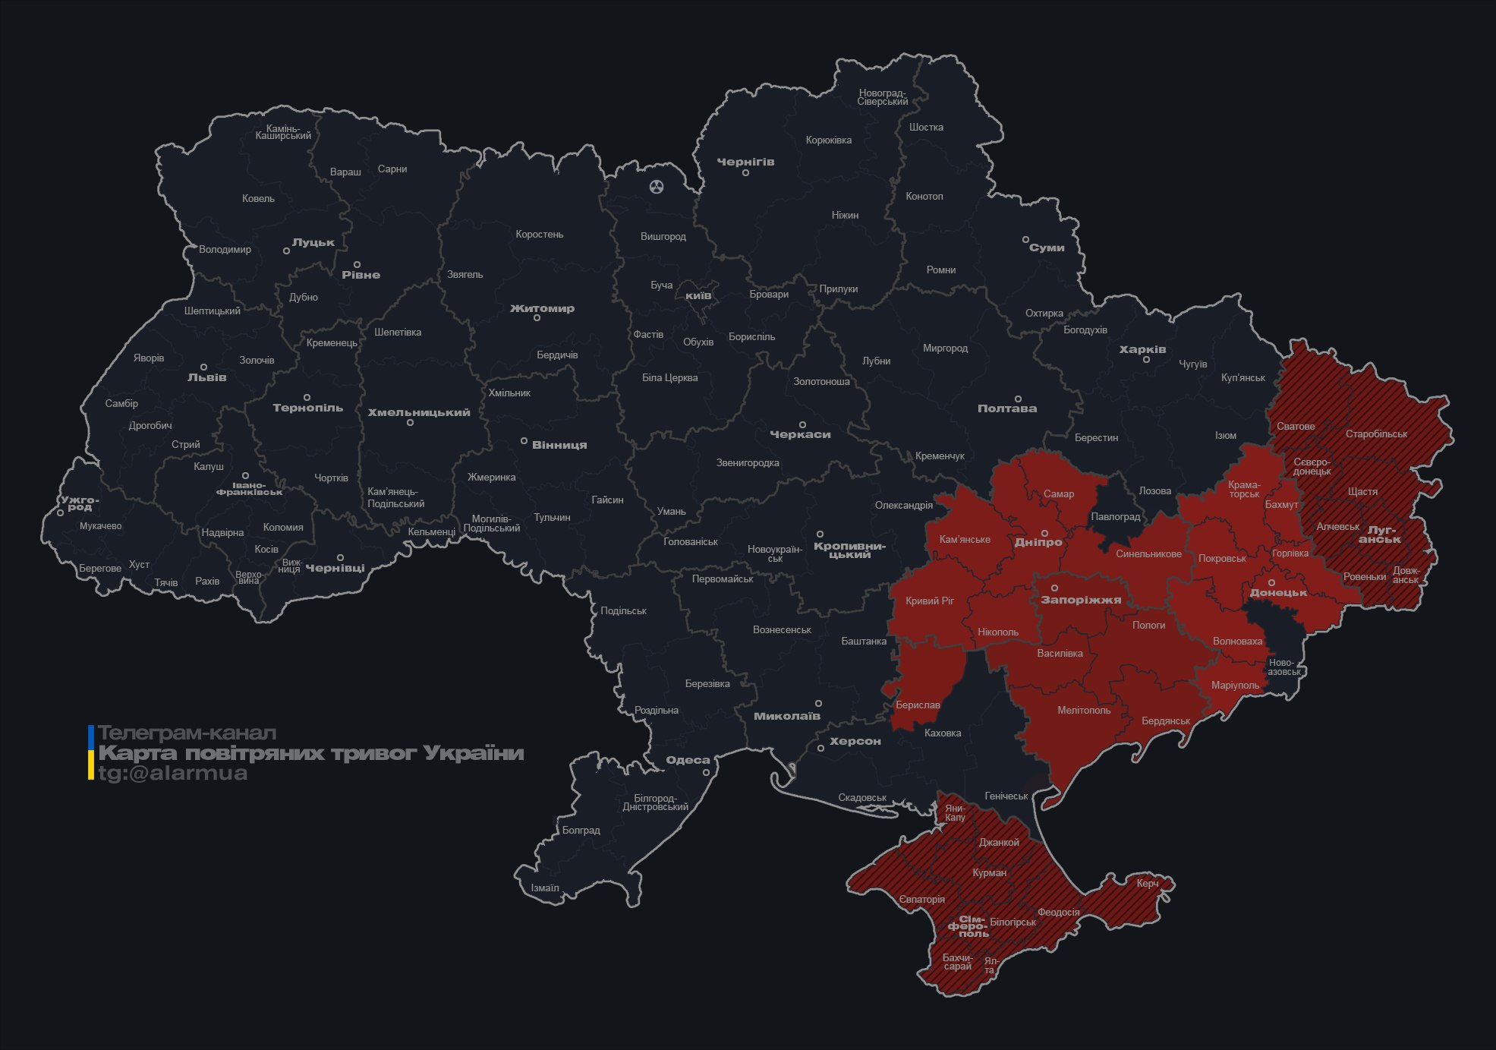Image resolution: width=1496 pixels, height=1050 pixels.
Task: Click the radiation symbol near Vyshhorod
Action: coord(657,186)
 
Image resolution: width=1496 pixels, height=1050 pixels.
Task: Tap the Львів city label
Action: coord(206,377)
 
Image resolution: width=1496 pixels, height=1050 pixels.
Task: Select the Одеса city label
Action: coord(688,760)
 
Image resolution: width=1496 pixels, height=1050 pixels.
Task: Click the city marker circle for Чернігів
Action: coord(745,173)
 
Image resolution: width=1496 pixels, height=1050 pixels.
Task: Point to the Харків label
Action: coord(1142,350)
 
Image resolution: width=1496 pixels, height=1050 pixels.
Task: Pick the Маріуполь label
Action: coord(1235,686)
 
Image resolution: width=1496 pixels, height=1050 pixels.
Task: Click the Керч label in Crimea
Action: coord(1148,883)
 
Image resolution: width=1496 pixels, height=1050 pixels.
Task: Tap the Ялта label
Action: coord(991,966)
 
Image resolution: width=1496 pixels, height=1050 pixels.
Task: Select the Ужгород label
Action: coord(80,503)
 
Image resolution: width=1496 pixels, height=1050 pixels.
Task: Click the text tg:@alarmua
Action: coord(173,774)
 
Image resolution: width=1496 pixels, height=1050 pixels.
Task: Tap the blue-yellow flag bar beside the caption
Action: coord(91,752)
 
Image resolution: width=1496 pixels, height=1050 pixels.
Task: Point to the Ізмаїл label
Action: coord(545,888)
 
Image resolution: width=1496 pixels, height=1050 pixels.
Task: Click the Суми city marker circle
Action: coord(1025,240)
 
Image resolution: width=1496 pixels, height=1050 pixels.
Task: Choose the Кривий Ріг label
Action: coord(930,601)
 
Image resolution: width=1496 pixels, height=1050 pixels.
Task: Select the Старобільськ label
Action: coord(1376,434)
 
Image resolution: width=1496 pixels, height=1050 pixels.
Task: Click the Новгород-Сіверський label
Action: coord(883,97)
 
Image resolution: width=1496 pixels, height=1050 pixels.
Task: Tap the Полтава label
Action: coord(1006,408)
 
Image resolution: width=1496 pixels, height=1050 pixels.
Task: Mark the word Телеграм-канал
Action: coord(187,733)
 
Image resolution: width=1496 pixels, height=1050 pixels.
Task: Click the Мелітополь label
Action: coord(1084,711)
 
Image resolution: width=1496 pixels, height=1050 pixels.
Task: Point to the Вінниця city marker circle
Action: coord(524,441)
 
